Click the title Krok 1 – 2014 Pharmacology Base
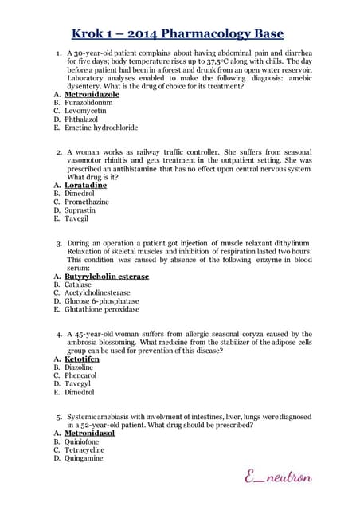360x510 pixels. click(x=179, y=33)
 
